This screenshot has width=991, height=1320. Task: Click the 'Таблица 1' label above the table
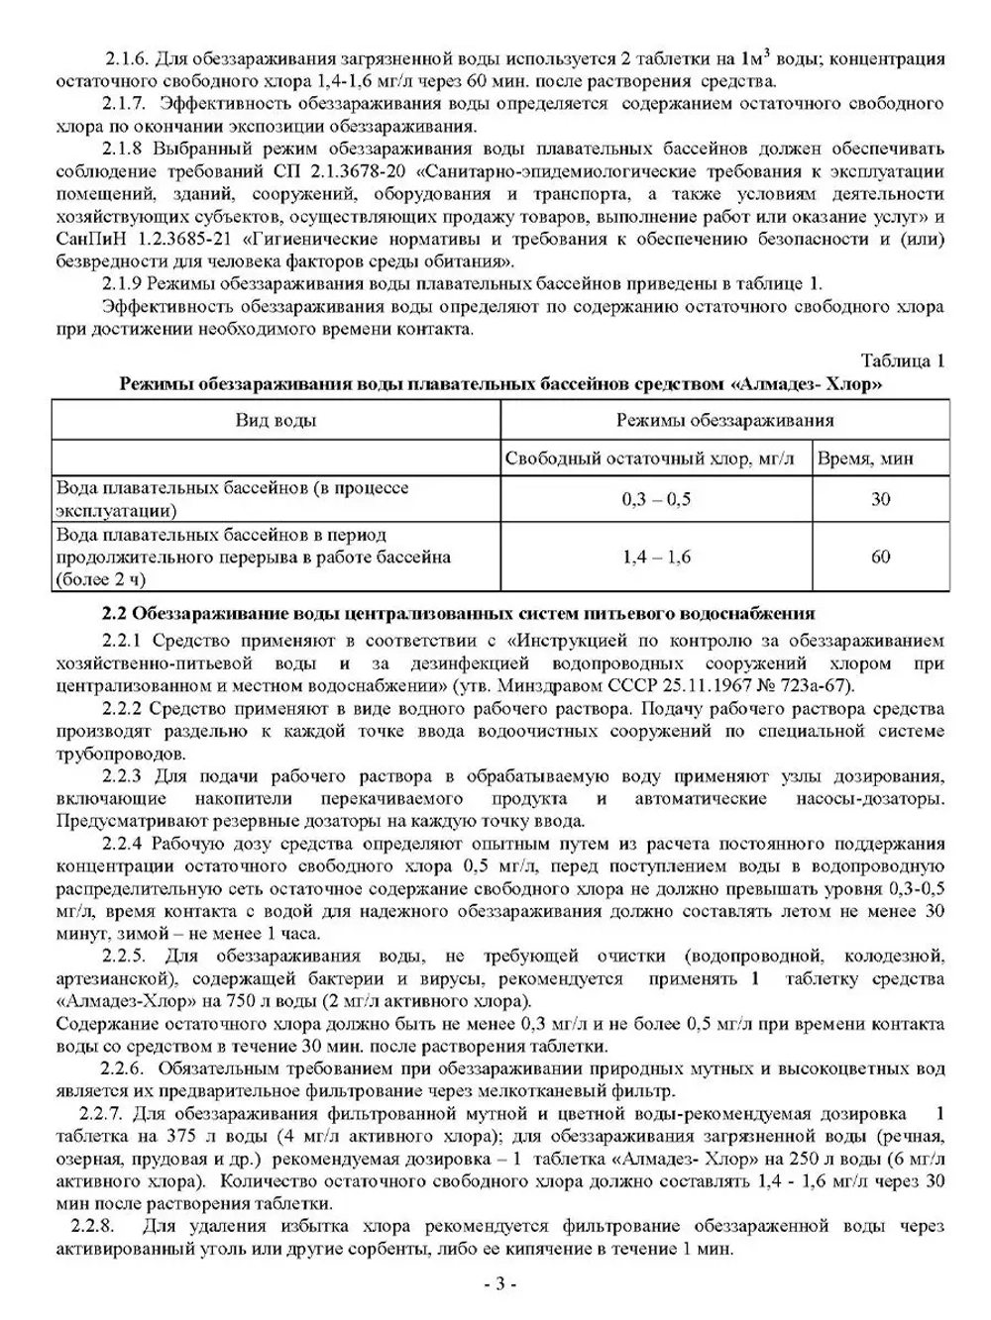coord(902,360)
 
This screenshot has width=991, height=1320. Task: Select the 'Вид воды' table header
coord(275,420)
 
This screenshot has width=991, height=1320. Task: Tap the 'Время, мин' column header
coord(865,458)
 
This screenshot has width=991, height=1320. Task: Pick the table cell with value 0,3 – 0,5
coord(656,500)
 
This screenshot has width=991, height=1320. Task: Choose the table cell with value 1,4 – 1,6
coord(656,558)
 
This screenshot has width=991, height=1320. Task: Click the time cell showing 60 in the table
coord(880,558)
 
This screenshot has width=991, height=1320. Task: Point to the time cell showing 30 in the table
coord(880,500)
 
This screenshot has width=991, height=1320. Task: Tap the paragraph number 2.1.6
coord(127,59)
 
